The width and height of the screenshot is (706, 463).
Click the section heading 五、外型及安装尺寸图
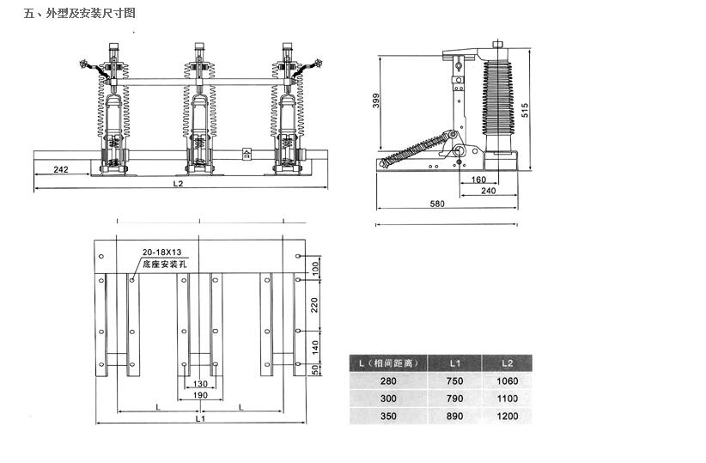(x=80, y=13)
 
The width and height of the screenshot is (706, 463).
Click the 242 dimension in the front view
(x=61, y=170)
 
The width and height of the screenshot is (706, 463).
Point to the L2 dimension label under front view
(x=179, y=183)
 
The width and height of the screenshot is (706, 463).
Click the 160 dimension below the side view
(x=478, y=180)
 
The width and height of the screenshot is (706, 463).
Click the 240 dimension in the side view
(x=488, y=191)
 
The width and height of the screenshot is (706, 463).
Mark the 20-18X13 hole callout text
(x=162, y=252)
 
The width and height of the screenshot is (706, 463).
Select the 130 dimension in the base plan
(x=199, y=384)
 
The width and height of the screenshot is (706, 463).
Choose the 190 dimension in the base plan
(x=199, y=394)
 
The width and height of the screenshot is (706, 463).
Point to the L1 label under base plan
(x=199, y=419)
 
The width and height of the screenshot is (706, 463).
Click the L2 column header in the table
(x=507, y=362)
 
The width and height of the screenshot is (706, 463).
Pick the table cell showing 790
(x=455, y=399)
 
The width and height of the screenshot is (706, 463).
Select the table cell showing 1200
(x=507, y=416)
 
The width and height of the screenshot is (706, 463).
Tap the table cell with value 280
(x=387, y=381)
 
